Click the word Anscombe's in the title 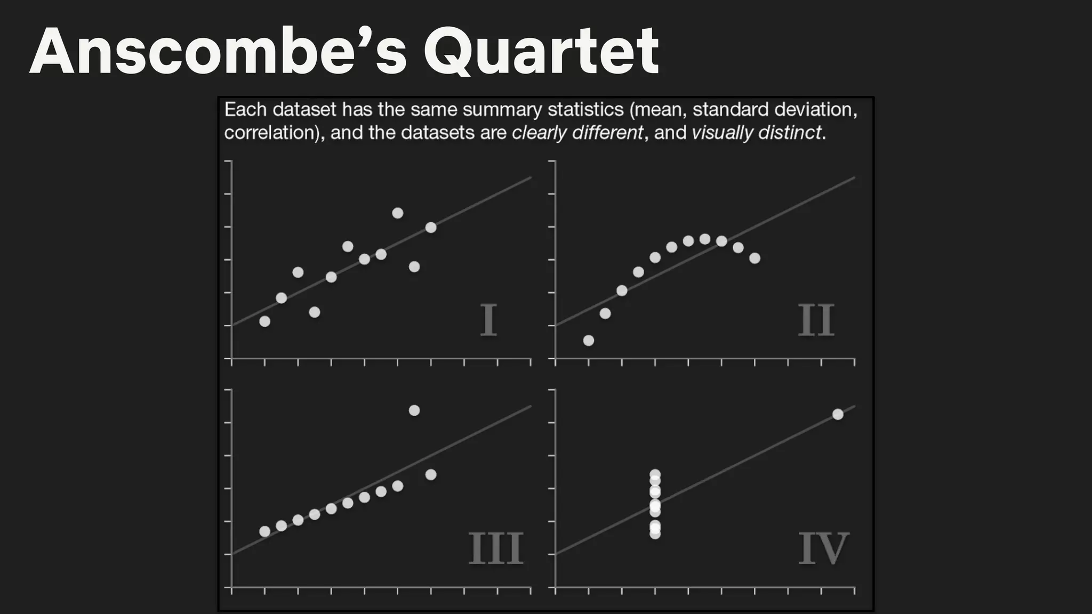click(219, 52)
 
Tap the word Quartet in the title click(541, 52)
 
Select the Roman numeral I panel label click(488, 320)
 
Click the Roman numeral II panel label click(816, 320)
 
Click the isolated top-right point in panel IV click(838, 414)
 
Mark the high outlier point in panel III click(414, 410)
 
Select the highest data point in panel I click(397, 213)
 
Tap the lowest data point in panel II click(589, 340)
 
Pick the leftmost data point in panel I click(264, 321)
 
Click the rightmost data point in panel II click(754, 258)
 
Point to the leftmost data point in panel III click(264, 531)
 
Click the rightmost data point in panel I click(431, 228)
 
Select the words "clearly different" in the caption click(577, 132)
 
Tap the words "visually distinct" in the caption click(757, 132)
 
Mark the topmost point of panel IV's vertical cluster click(655, 474)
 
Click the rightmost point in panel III click(431, 474)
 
